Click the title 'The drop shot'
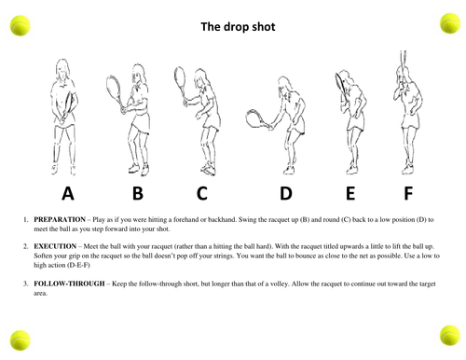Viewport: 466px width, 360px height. tap(238, 27)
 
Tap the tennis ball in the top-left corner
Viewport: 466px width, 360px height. tap(20, 25)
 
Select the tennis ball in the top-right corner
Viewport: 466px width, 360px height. tap(449, 23)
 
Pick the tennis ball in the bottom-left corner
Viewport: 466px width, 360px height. tap(20, 340)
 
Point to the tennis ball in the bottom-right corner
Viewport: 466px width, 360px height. tap(449, 336)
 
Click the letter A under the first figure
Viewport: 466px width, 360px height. tap(68, 193)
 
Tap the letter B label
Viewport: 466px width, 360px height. tap(138, 193)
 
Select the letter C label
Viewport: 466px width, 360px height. tap(202, 193)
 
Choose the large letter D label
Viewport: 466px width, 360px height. tap(286, 193)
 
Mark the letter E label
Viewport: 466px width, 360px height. tap(350, 193)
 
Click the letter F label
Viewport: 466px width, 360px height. tap(408, 193)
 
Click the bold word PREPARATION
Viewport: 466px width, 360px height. tap(60, 219)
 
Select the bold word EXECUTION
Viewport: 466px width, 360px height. tap(55, 246)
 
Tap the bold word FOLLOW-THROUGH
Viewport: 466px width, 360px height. tap(69, 284)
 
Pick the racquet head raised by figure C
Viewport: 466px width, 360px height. tap(180, 79)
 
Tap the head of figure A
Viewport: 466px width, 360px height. tap(62, 69)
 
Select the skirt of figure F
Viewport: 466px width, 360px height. tap(410, 121)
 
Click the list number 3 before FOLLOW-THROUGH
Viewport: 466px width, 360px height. tap(25, 284)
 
